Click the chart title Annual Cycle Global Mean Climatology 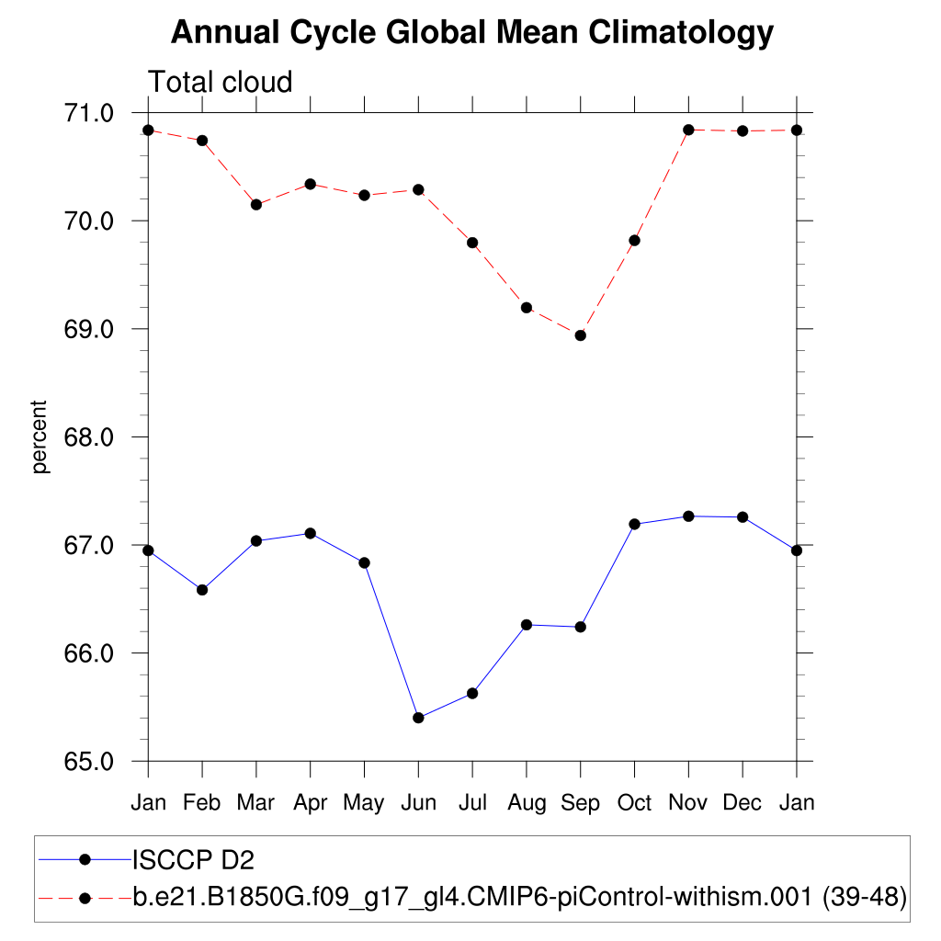click(472, 33)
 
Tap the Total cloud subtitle click(221, 83)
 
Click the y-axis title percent click(40, 436)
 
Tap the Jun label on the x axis click(418, 803)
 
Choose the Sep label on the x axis click(581, 803)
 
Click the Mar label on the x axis click(255, 803)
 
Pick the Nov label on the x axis click(688, 803)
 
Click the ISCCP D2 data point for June click(418, 718)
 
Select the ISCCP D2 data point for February click(202, 590)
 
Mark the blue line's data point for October click(634, 524)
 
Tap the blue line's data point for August click(527, 625)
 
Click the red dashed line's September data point click(581, 335)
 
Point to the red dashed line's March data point click(256, 205)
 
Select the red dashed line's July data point click(472, 243)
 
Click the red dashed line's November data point click(688, 130)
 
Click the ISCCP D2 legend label click(193, 860)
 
